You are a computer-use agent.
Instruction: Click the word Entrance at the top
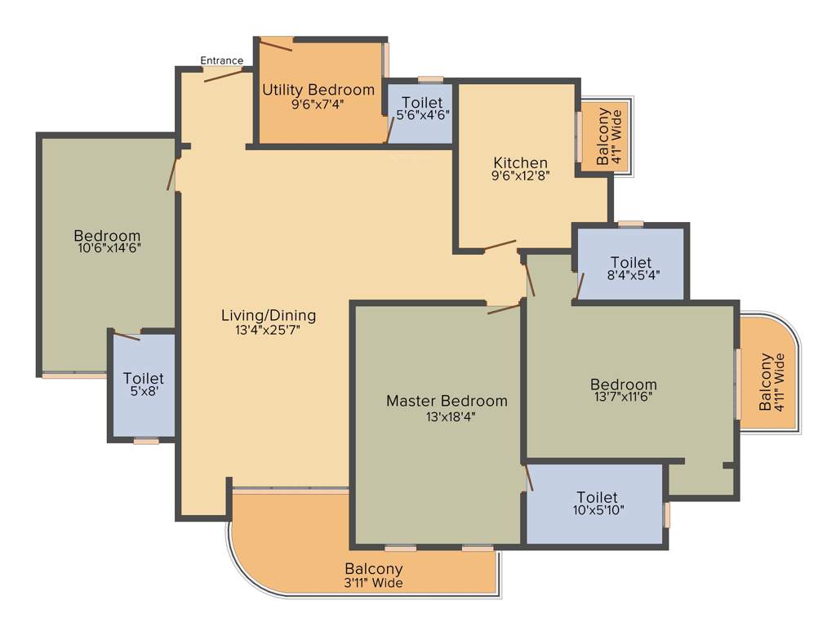221,60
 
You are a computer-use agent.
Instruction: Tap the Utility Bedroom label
318,90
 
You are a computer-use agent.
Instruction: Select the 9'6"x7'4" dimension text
318,104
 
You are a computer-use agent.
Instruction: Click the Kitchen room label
520,162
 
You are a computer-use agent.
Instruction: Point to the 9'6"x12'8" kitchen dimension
520,176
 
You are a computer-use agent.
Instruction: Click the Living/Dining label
268,315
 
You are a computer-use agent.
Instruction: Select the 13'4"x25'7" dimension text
268,330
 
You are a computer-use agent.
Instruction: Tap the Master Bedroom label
446,401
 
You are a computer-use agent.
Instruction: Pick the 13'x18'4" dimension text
446,416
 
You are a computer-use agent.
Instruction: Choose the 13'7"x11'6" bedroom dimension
623,398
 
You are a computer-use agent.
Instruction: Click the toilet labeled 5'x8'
143,385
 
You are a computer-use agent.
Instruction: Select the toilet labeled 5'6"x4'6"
422,109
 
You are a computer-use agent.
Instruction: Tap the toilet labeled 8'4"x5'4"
630,269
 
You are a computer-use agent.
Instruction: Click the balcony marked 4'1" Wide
609,137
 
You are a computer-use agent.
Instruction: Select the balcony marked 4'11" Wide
772,382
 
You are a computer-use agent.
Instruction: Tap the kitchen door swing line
499,245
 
